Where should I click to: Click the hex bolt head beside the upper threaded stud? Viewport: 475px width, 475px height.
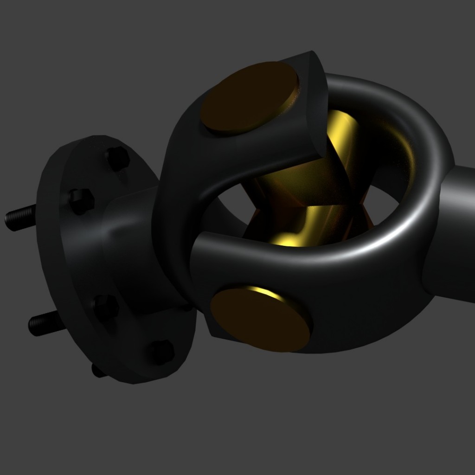tap(82, 201)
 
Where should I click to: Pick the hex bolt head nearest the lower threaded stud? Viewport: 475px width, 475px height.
tap(105, 307)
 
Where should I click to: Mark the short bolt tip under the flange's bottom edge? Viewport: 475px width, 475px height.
tap(98, 371)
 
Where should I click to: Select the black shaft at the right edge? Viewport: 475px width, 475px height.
tap(457, 232)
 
